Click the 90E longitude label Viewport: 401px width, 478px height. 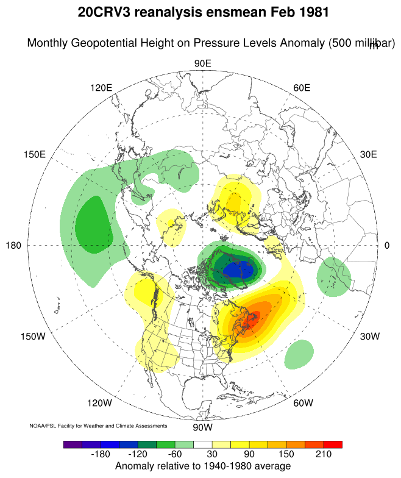point(202,63)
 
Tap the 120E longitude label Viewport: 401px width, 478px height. point(101,88)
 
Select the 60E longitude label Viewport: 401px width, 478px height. point(302,88)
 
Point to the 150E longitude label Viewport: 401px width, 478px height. point(35,154)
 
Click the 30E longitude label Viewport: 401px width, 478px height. point(369,154)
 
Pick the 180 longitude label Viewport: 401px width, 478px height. point(13,245)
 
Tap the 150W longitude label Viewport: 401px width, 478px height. point(34,337)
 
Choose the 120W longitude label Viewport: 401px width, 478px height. point(100,403)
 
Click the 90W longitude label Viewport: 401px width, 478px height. point(202,426)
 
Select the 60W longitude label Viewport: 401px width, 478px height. point(303,403)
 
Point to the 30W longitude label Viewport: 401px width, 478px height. point(369,337)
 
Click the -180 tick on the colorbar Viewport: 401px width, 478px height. point(100,455)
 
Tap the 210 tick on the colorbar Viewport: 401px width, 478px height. point(324,455)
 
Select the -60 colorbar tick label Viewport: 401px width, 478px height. point(174,455)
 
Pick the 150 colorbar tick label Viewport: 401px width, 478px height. point(286,455)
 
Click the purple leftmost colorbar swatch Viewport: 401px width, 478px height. point(72,444)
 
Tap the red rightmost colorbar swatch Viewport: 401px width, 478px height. point(333,444)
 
